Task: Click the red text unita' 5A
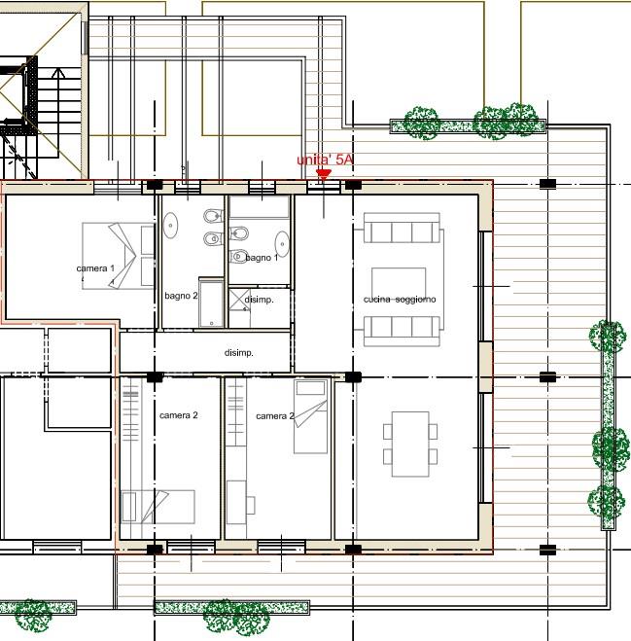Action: click(x=325, y=160)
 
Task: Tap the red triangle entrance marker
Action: click(x=324, y=175)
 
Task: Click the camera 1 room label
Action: click(x=95, y=268)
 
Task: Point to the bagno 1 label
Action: click(x=262, y=258)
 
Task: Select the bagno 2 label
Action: click(x=181, y=296)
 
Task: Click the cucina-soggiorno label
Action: click(x=400, y=300)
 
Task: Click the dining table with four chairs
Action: click(x=410, y=444)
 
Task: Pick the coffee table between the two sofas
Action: click(x=399, y=283)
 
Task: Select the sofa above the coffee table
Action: click(x=403, y=228)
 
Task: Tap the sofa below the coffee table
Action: click(x=403, y=331)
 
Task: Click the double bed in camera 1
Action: click(x=118, y=256)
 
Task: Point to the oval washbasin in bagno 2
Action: click(x=170, y=226)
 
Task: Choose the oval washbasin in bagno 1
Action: click(x=282, y=244)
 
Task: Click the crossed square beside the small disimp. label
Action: click(x=239, y=300)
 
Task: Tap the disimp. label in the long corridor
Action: click(x=239, y=352)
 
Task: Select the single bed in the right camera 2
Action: click(x=310, y=416)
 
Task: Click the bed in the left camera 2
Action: click(x=158, y=507)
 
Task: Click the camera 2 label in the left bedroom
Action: click(x=179, y=415)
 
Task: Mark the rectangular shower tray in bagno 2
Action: click(x=211, y=303)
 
